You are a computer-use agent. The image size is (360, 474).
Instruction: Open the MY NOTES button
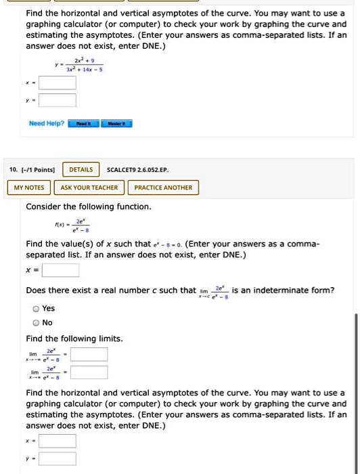coord(28,188)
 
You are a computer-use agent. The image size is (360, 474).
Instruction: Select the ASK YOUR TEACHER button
coord(89,188)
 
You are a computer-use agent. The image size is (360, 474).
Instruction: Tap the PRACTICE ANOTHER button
coord(163,188)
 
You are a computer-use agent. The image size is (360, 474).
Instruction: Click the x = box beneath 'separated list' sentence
coord(61,271)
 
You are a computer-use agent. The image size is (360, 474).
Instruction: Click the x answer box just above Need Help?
coord(57,83)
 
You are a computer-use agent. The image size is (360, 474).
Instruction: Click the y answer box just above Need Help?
coord(57,101)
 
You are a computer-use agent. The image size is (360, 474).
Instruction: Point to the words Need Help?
coord(47,124)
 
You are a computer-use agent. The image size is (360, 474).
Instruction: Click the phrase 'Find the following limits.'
coord(74,339)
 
